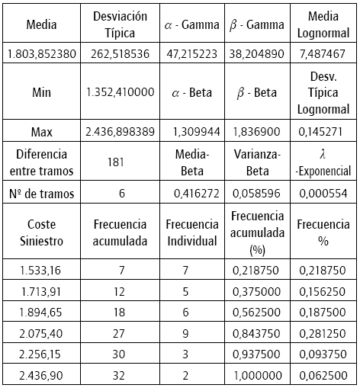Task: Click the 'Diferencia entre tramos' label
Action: pos(41,161)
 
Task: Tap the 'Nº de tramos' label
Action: pos(41,194)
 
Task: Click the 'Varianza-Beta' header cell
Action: pos(257,161)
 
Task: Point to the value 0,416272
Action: pos(190,194)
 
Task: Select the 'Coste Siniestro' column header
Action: pos(41,232)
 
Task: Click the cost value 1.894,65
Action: pos(41,312)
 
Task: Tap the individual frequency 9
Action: pos(190,332)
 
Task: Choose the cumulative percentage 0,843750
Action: pos(257,332)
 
